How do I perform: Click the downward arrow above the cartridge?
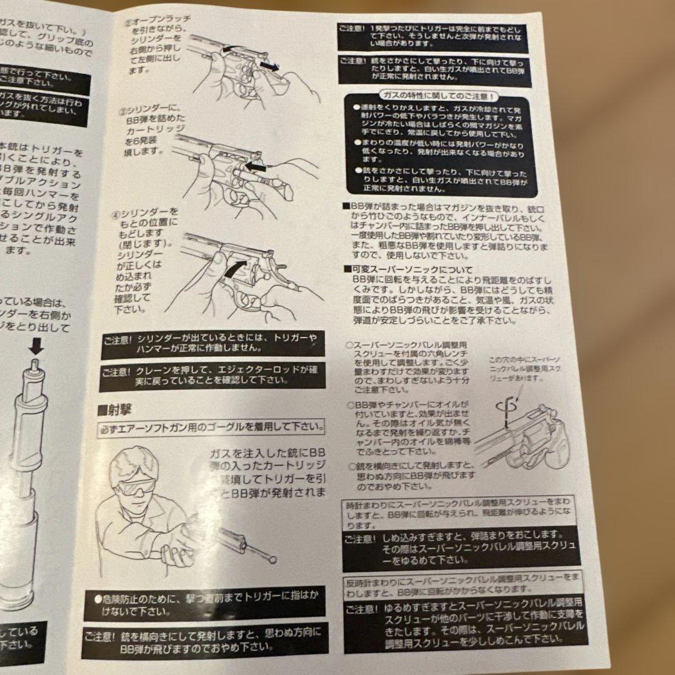pos(36,343)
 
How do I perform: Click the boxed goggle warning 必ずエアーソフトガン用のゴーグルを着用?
pos(212,429)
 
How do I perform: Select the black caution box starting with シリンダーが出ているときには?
pos(212,344)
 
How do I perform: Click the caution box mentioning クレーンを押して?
pos(212,374)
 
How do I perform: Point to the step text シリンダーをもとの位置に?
pos(147,259)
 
